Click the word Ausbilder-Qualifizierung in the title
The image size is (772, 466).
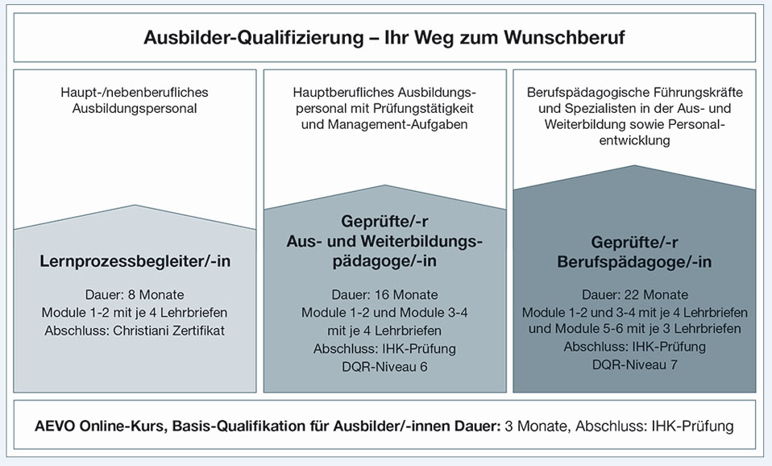click(254, 37)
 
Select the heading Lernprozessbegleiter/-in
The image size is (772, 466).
click(135, 261)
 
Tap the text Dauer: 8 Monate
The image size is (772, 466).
click(135, 294)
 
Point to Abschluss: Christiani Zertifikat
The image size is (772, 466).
click(135, 330)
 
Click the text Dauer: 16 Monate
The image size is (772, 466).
click(384, 294)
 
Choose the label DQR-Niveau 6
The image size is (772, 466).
click(384, 367)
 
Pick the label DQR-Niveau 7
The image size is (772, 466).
click(635, 364)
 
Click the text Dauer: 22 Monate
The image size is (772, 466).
click(635, 294)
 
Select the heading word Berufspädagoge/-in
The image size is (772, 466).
click(635, 261)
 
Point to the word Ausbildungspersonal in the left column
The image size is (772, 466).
click(135, 108)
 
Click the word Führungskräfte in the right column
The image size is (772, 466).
click(698, 92)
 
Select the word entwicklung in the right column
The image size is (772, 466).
click(635, 140)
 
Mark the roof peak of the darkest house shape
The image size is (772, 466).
click(635, 165)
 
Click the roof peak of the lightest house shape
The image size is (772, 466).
click(135, 206)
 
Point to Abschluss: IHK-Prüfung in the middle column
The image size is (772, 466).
click(384, 349)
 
